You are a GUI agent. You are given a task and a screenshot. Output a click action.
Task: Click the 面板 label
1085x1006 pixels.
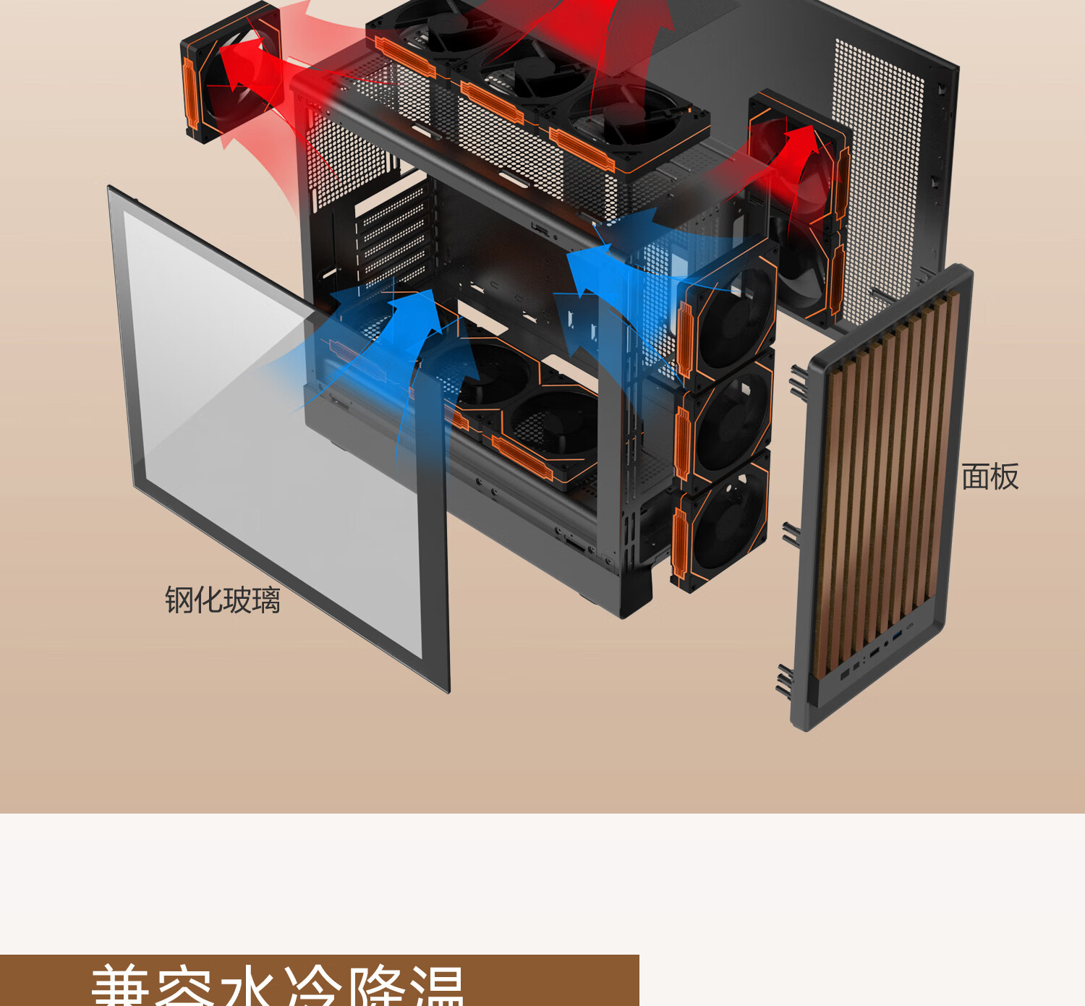[990, 477]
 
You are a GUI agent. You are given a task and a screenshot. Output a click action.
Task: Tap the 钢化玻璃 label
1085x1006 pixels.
[222, 600]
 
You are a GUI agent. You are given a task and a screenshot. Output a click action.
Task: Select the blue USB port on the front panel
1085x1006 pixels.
[898, 635]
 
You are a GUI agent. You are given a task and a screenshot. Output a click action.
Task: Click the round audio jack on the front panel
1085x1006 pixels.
[885, 643]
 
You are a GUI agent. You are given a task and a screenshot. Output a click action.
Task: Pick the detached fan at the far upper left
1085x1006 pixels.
[230, 72]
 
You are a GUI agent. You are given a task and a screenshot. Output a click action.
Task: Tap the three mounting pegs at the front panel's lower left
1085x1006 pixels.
[784, 678]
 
